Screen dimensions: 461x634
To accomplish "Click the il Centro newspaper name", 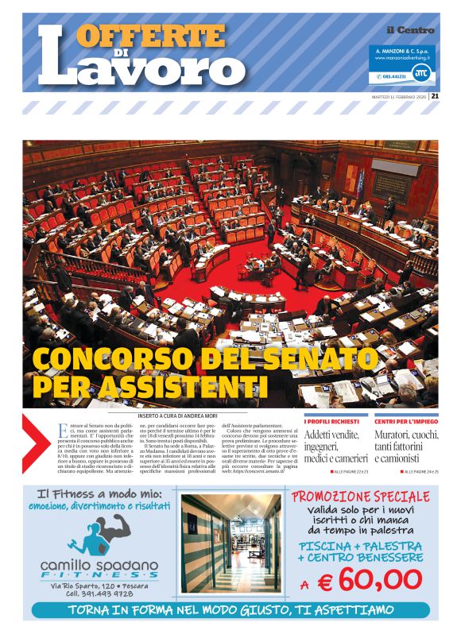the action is click(x=410, y=30).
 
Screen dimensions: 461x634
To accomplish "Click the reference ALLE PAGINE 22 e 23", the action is click(x=351, y=472).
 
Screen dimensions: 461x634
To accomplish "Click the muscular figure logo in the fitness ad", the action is click(x=100, y=535).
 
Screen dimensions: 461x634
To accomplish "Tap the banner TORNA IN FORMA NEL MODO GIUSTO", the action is click(x=230, y=610).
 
